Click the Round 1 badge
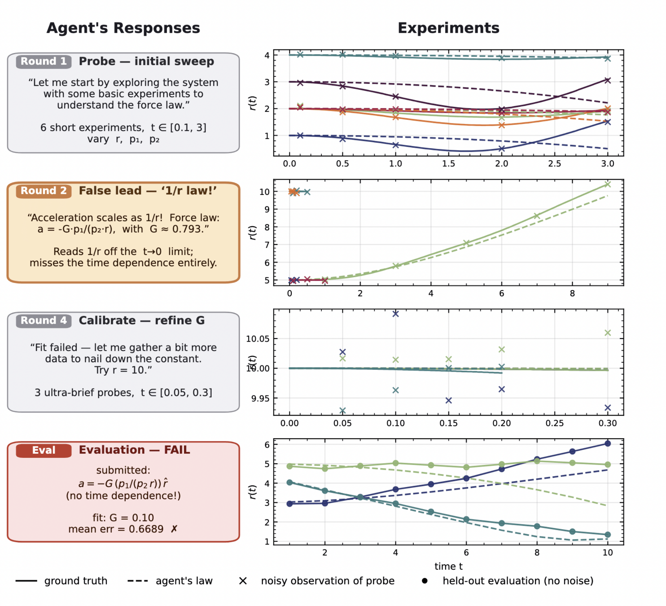(44, 61)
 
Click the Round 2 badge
(44, 191)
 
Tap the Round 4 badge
(44, 321)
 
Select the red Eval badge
(44, 450)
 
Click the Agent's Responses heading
(123, 28)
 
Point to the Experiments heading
(448, 28)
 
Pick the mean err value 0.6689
(146, 529)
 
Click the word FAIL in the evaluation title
(177, 450)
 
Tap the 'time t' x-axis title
(448, 566)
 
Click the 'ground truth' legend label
(76, 581)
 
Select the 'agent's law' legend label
(184, 581)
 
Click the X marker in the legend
(243, 581)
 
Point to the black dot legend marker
(424, 581)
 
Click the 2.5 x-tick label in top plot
(554, 163)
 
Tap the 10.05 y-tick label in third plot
(258, 338)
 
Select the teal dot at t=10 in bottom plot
(607, 535)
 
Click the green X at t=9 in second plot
(607, 184)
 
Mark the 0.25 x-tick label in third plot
(554, 423)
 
